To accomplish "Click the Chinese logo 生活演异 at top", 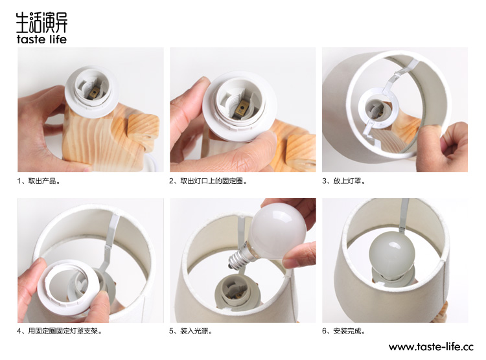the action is [41, 22].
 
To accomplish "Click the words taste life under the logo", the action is [41, 39].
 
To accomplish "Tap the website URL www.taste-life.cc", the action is [431, 346].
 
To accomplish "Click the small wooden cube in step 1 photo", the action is [143, 129].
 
